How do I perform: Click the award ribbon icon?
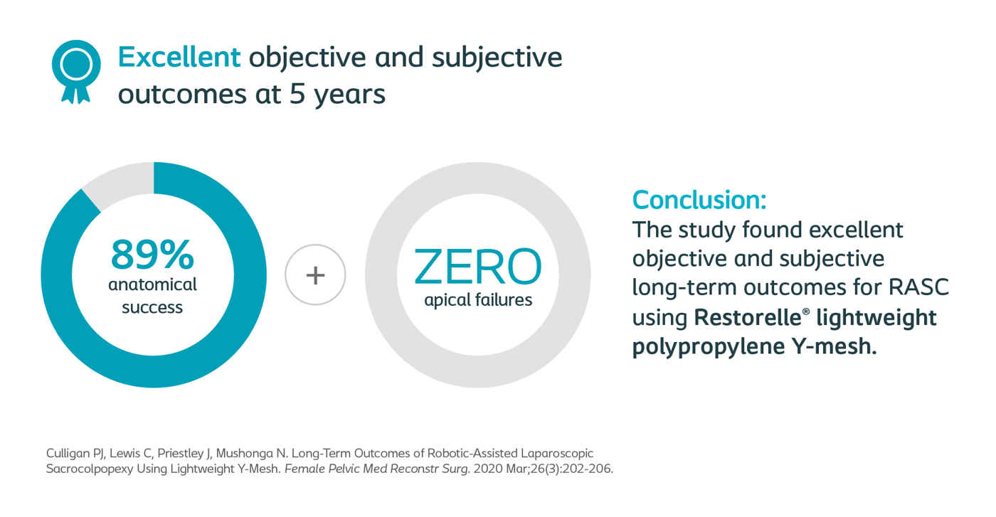76,71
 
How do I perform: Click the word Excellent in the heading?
179,58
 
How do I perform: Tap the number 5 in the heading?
297,94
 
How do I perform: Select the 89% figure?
152,255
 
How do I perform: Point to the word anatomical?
152,284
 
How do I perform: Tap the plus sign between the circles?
315,275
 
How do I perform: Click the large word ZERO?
477,267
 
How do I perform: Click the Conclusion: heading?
699,200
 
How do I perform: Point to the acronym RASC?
918,287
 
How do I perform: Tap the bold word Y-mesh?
834,346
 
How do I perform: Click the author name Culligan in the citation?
68,454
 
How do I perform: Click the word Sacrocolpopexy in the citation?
90,469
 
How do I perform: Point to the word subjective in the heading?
497,58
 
